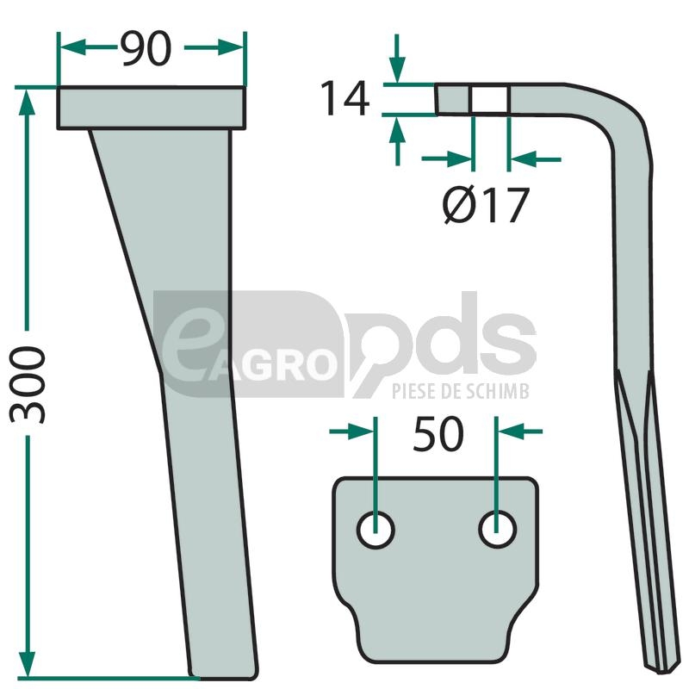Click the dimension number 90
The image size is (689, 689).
coord(146,49)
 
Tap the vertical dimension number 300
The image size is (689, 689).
coord(28,384)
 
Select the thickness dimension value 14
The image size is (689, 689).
coord(345,98)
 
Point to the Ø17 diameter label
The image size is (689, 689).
coord(485,205)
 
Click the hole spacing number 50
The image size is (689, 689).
coord(438,434)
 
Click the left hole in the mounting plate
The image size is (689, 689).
coord(376,530)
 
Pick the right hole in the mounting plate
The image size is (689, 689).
coord(497,530)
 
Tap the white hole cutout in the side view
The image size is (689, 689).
coord(490,99)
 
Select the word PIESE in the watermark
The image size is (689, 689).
coord(415,391)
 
